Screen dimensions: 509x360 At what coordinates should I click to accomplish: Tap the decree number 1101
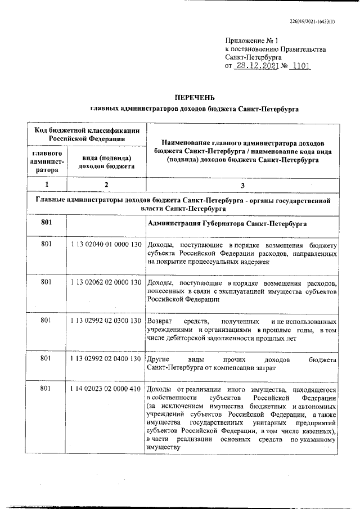click(x=298, y=66)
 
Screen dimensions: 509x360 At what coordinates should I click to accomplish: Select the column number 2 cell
click(x=106, y=184)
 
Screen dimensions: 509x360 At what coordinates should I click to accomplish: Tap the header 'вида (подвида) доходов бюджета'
click(x=106, y=161)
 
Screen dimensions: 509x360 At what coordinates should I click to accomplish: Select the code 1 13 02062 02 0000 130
click(x=106, y=282)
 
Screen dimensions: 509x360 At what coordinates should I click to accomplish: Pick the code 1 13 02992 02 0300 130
click(x=106, y=320)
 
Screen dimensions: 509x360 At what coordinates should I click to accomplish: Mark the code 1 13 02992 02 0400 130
click(x=106, y=358)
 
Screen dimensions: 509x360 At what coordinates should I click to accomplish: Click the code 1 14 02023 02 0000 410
click(x=106, y=389)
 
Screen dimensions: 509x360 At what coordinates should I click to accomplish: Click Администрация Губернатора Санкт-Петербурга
click(x=226, y=223)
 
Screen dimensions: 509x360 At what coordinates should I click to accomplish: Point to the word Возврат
click(x=159, y=320)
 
